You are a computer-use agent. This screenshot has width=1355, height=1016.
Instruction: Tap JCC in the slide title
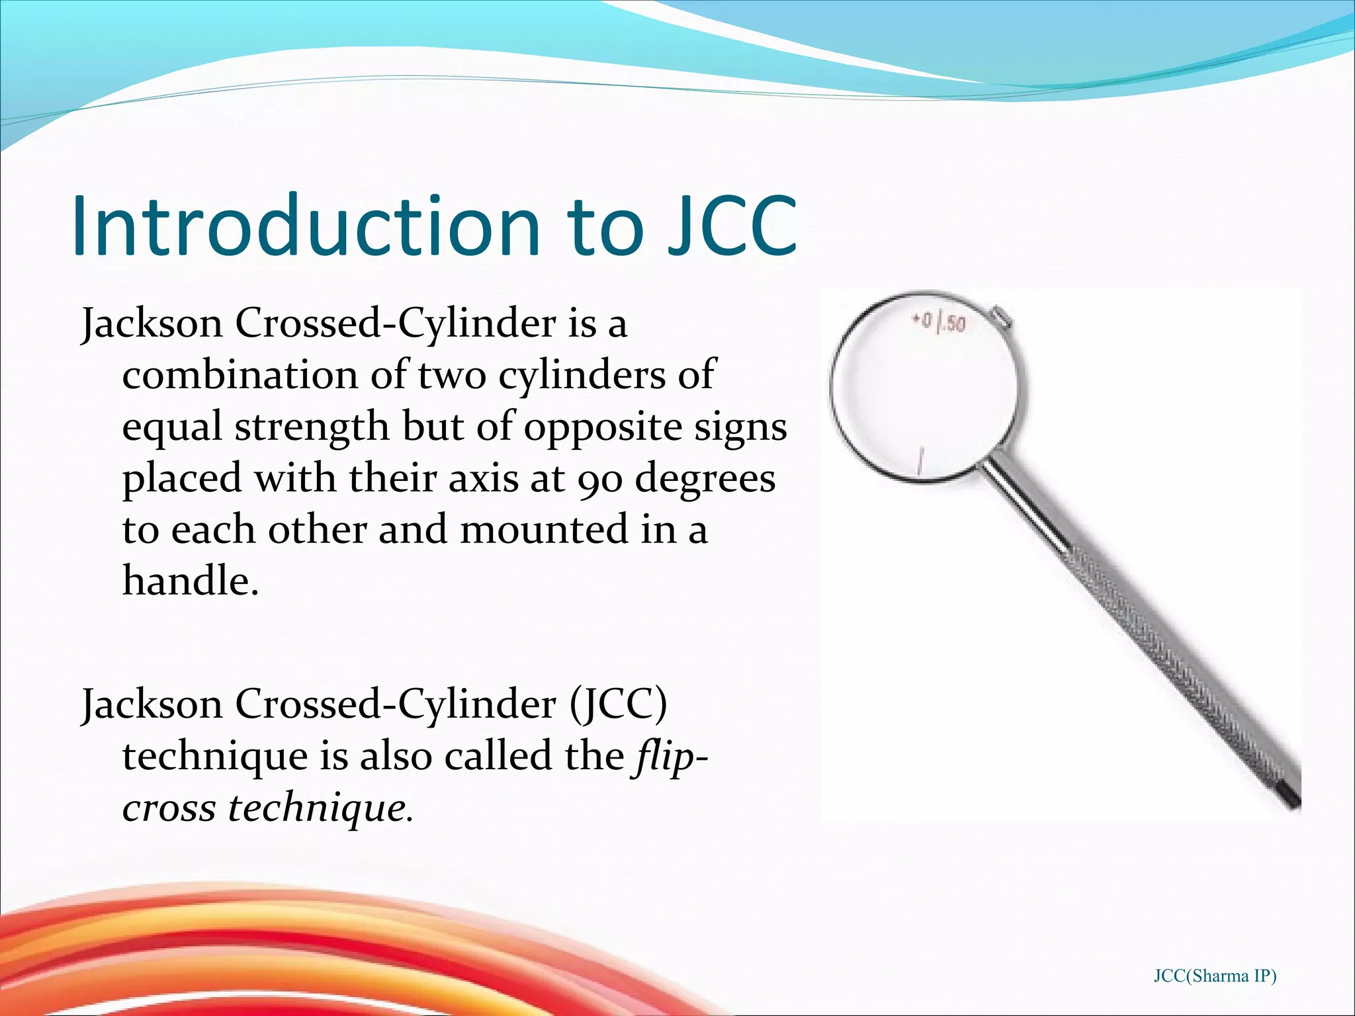coord(731,226)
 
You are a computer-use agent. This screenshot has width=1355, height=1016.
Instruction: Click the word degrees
coord(705,479)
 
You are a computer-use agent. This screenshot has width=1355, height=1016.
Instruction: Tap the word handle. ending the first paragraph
coord(190,581)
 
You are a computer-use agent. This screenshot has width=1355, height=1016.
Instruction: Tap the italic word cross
coord(169,808)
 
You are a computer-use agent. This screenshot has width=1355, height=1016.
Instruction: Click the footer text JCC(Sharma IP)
coord(1215,976)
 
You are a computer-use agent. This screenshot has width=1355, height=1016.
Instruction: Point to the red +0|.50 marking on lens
coord(939,323)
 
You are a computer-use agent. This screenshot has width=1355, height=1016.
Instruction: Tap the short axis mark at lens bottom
coord(919,460)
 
